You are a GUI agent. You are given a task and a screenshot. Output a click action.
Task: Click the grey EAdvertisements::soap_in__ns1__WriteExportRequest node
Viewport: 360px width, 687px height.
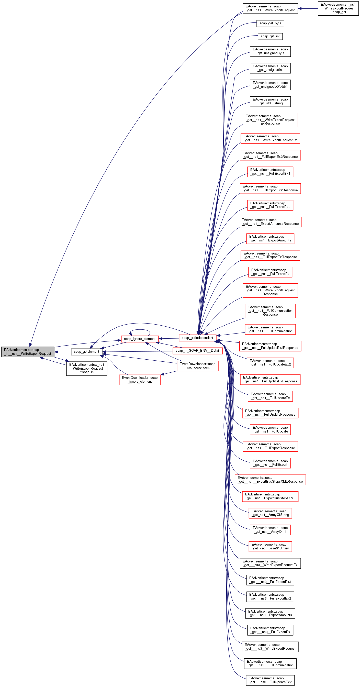point(28,351)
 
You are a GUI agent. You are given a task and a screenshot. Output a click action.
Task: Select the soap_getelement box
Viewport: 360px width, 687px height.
point(86,351)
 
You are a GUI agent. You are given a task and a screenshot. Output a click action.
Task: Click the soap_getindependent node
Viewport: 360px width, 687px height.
point(197,338)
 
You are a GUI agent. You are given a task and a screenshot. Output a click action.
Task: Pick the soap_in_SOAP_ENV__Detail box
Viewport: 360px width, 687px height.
point(197,350)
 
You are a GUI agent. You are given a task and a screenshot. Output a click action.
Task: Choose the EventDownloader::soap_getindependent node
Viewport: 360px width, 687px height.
point(197,365)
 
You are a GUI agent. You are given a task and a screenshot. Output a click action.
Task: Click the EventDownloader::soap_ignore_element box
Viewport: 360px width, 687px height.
point(140,380)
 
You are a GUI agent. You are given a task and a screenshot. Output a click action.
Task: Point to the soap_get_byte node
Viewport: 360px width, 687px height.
point(270,23)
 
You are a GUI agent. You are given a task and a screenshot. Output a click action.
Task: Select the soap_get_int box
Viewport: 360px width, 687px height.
point(270,36)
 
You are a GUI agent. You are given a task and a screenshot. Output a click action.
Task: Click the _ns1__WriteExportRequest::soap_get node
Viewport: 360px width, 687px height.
point(338,8)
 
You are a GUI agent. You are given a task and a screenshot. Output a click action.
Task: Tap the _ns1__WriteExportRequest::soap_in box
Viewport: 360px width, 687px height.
point(87,368)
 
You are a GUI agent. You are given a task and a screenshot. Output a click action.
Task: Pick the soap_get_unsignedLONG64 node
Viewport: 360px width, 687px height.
point(270,85)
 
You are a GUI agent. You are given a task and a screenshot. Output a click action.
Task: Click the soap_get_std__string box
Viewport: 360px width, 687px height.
point(270,101)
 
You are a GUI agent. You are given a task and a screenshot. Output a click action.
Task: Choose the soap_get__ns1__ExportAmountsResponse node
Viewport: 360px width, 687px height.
point(270,222)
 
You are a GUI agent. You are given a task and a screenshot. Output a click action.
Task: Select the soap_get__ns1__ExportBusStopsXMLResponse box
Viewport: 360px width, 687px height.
point(270,480)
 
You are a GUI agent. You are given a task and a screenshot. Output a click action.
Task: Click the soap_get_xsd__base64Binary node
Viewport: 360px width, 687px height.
point(270,546)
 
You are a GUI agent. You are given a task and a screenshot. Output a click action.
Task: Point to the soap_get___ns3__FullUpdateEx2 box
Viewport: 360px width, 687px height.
point(270,680)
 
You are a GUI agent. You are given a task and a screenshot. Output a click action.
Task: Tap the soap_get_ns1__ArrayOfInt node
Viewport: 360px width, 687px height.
point(270,530)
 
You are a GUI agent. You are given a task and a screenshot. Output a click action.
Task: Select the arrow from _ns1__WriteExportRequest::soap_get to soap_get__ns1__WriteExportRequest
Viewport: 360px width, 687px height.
point(308,8)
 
